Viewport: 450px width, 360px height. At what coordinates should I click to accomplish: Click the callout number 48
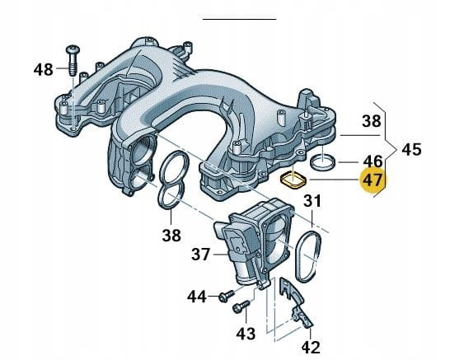point(44,70)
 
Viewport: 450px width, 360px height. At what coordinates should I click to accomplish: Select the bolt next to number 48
point(73,60)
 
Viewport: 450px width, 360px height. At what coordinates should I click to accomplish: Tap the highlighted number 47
point(373,180)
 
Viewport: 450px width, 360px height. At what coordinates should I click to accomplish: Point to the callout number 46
point(373,161)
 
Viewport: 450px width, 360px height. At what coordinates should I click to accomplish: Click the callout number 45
point(411,149)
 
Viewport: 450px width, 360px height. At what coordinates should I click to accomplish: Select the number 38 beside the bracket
point(372,121)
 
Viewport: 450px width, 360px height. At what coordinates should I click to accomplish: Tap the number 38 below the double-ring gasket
point(171,236)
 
